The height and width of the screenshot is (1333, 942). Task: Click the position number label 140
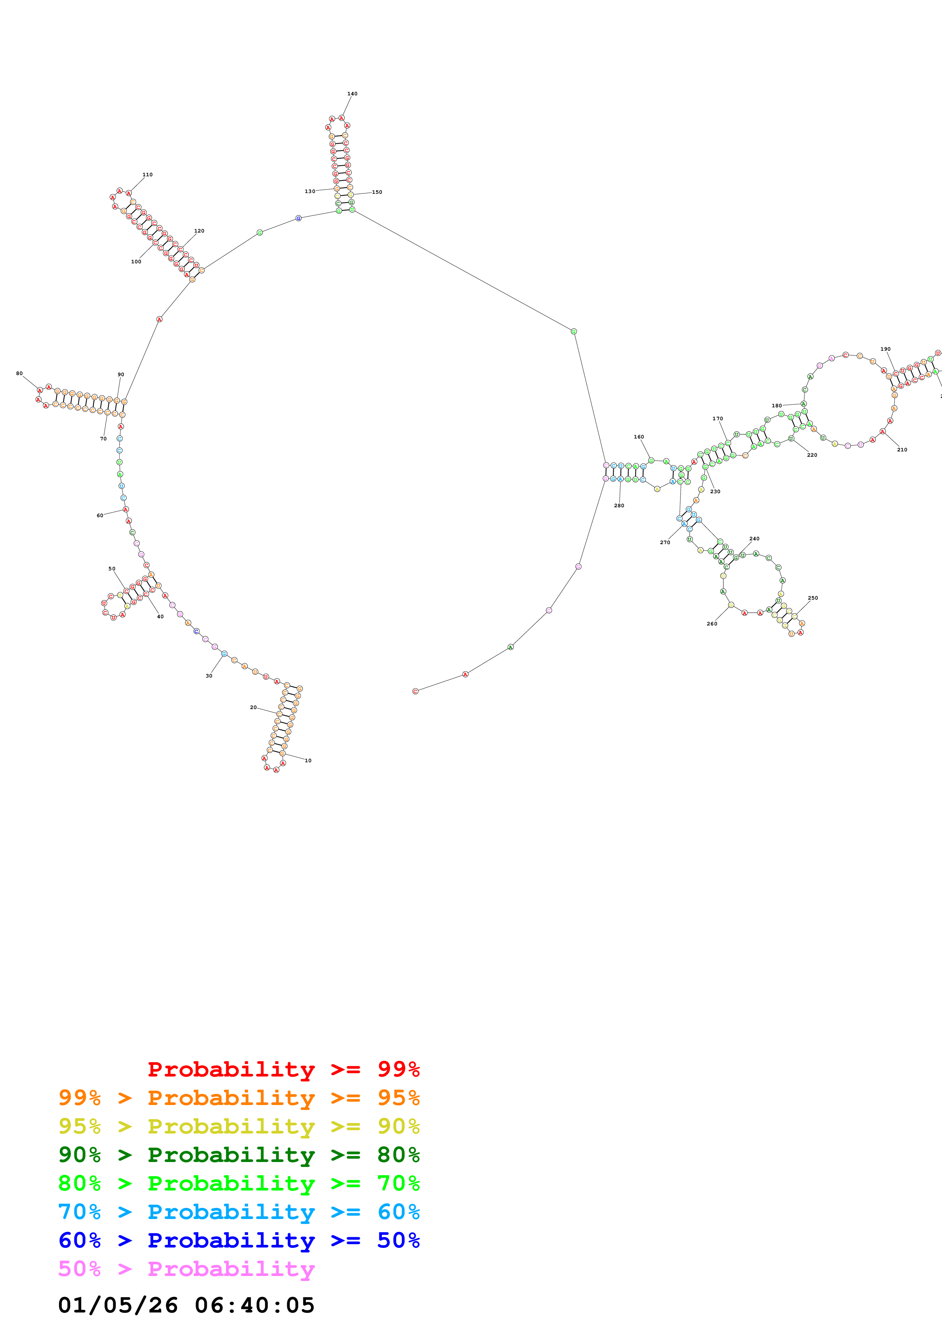point(352,93)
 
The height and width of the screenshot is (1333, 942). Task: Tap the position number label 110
point(147,174)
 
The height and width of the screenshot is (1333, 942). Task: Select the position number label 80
point(19,373)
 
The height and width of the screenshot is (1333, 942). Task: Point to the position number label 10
point(308,761)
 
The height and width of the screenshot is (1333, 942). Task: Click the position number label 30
point(209,676)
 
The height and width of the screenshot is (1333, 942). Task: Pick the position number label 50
point(112,568)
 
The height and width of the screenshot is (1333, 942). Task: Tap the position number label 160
point(638,437)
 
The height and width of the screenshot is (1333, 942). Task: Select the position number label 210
point(902,450)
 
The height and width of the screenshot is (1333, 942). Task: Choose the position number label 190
point(885,349)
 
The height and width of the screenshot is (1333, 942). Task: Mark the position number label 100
point(136,261)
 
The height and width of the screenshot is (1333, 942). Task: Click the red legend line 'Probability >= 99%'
point(283,1069)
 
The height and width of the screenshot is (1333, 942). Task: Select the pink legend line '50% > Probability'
point(186,1269)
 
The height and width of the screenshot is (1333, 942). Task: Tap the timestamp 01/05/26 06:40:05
point(186,1305)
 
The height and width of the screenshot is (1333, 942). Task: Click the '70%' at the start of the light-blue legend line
point(79,1212)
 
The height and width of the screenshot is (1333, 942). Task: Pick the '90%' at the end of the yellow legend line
point(398,1126)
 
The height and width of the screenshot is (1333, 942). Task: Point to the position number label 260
point(712,624)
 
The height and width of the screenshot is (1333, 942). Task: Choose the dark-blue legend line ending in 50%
point(239,1241)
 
